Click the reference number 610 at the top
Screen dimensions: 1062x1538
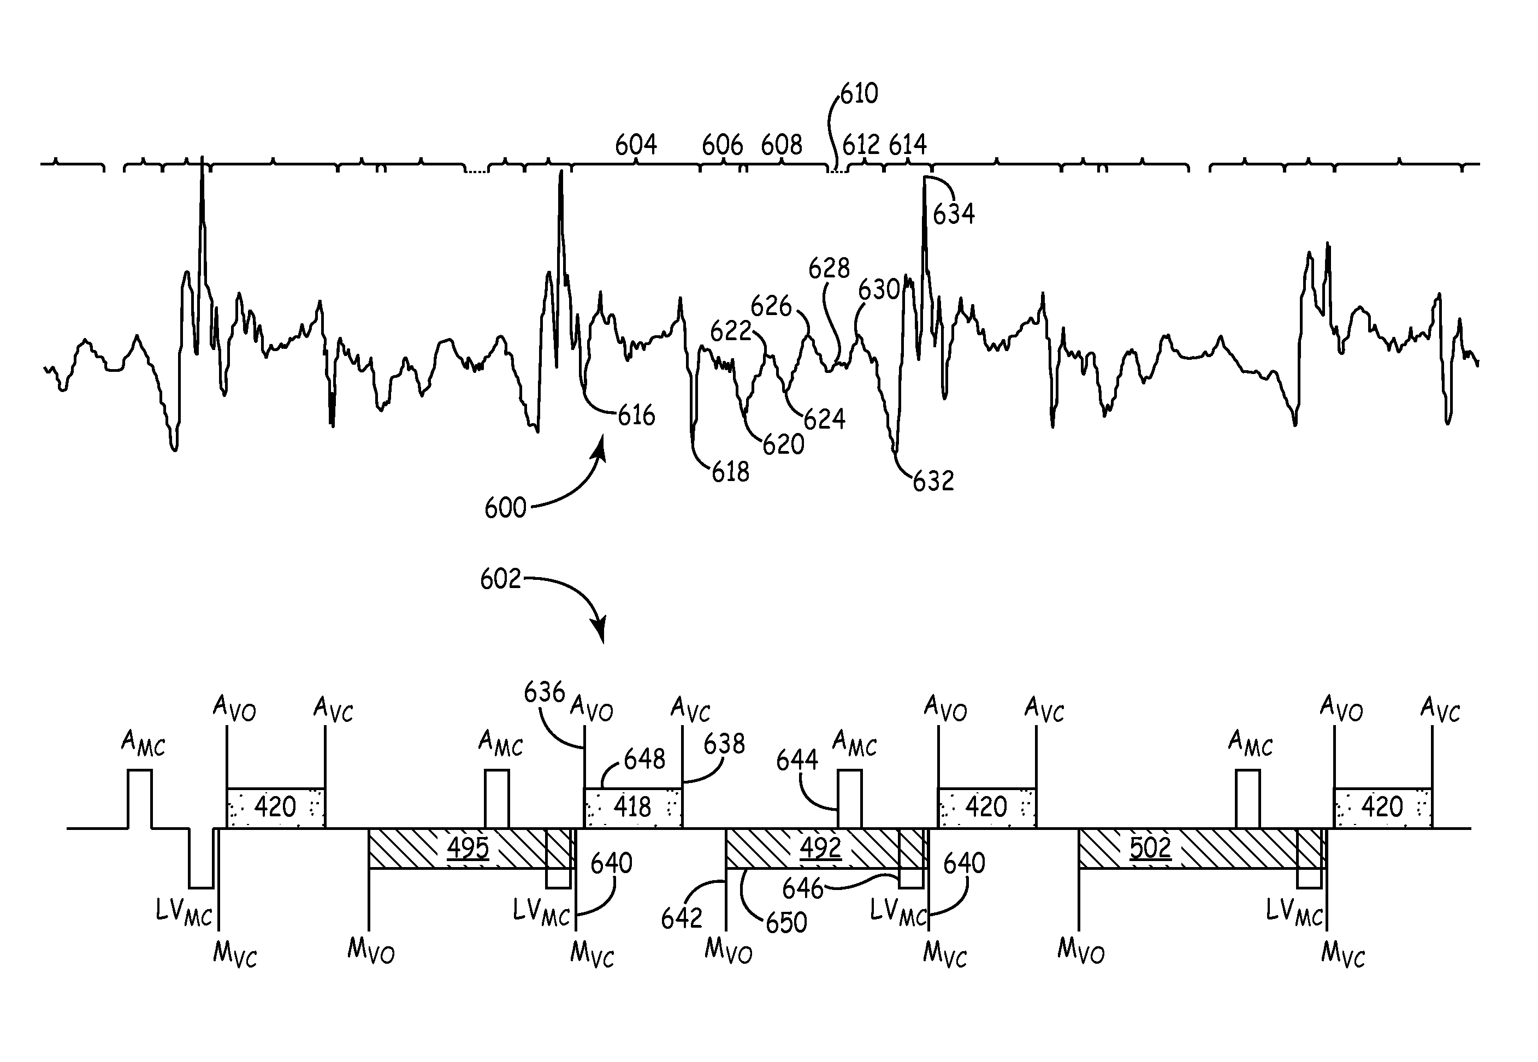[x=859, y=94]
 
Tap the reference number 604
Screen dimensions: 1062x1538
[x=636, y=144]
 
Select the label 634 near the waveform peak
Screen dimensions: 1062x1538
[x=954, y=214]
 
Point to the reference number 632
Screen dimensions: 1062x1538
[x=933, y=481]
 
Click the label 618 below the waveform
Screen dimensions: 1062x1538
[x=730, y=472]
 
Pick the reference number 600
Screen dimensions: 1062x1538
[x=505, y=508]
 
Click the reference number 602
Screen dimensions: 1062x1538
[x=500, y=579]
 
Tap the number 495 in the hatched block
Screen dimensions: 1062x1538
[x=468, y=849]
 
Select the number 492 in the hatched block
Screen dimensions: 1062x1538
[x=820, y=849]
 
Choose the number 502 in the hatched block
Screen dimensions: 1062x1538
[x=1151, y=849]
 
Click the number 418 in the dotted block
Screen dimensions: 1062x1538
[x=632, y=807]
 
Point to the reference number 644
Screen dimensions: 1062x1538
[x=797, y=760]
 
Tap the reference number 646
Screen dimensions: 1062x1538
[x=803, y=889]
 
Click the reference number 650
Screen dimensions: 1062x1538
[x=786, y=923]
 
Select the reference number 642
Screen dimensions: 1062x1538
[x=682, y=919]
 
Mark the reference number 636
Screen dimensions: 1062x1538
[x=545, y=693]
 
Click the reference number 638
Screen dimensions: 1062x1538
[x=724, y=744]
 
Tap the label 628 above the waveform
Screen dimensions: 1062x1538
[x=829, y=269]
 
